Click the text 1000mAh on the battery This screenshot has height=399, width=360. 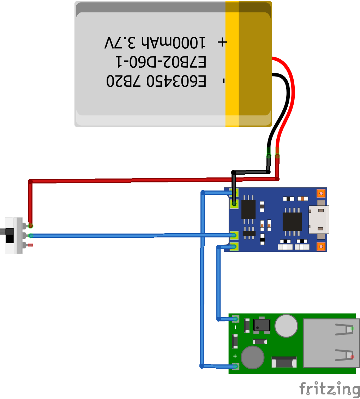click(x=173, y=43)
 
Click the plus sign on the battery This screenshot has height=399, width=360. click(x=222, y=42)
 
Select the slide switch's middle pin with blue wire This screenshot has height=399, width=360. click(x=30, y=235)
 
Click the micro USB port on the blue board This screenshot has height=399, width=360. click(x=318, y=219)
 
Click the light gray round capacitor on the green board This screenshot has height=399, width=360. click(x=286, y=326)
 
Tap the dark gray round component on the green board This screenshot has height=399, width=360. click(x=252, y=357)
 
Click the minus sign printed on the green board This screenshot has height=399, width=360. click(x=235, y=328)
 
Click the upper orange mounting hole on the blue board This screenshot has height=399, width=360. click(x=321, y=193)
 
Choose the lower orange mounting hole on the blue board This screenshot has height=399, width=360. click(x=321, y=246)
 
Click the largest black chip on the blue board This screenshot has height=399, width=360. click(x=292, y=222)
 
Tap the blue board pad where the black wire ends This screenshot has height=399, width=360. click(x=234, y=204)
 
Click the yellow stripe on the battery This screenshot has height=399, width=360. click(x=232, y=64)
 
